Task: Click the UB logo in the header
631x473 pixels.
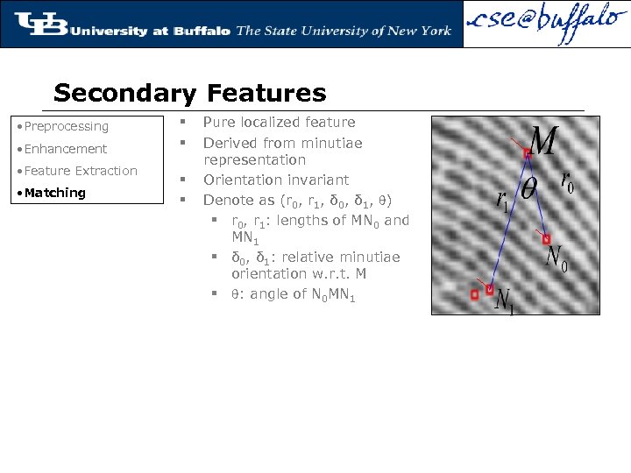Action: coord(41,25)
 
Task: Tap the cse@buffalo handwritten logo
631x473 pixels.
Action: coord(545,25)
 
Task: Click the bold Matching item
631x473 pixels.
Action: coord(54,193)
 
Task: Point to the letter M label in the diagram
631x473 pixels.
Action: coord(543,141)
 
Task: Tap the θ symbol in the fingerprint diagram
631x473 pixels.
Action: coord(529,189)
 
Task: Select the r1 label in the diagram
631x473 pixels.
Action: coord(501,202)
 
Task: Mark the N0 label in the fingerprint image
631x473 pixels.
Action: coord(556,258)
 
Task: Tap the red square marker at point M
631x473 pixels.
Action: coord(528,153)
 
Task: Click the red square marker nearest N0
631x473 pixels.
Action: coord(547,238)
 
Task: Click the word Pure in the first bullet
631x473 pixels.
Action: coord(219,123)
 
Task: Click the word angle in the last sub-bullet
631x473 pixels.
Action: coord(268,294)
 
